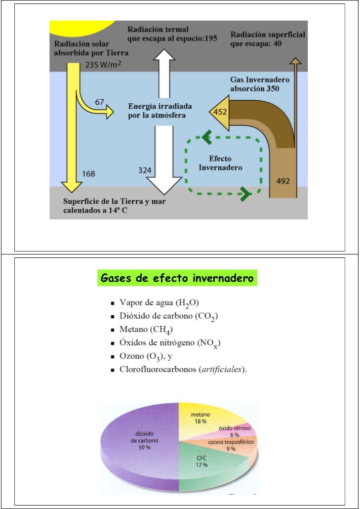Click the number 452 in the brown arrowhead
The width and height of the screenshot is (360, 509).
(x=220, y=112)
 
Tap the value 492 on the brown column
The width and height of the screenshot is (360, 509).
(x=282, y=181)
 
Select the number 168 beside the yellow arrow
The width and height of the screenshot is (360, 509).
(x=88, y=173)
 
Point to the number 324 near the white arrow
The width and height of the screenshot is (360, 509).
(x=144, y=170)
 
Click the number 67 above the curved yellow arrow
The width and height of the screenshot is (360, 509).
(x=99, y=102)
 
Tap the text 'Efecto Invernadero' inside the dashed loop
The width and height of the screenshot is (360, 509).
(x=220, y=163)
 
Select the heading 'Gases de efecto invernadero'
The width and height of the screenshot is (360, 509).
(x=177, y=278)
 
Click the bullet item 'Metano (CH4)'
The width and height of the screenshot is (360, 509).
(x=146, y=330)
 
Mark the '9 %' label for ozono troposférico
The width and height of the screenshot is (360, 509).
(x=231, y=449)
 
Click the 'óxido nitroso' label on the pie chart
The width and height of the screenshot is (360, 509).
(x=235, y=428)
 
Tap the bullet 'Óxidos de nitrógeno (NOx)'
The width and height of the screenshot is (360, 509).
(x=169, y=343)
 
